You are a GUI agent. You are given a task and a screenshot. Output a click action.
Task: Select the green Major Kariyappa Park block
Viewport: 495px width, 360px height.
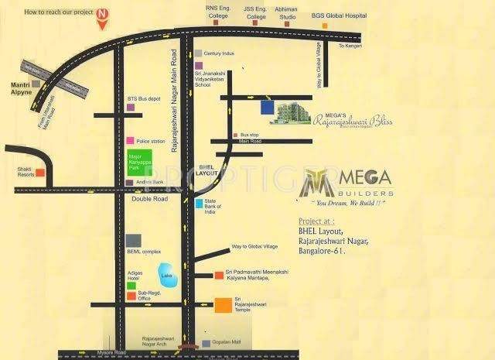click(138, 166)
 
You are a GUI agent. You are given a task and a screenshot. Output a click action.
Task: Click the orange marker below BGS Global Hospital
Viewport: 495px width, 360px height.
click(325, 26)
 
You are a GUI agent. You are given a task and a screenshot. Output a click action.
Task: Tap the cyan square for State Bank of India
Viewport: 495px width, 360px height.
click(199, 204)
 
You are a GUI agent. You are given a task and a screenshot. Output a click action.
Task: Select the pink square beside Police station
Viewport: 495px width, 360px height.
click(129, 142)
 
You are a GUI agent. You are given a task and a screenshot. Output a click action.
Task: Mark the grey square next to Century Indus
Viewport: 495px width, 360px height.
click(199, 53)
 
